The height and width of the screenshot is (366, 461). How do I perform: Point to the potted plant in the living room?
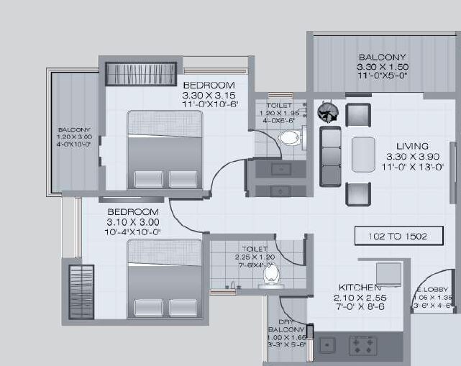coord(327,111)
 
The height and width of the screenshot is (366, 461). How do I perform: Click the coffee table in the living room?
coord(363,154)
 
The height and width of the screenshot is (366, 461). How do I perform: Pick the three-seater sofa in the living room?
coord(331,157)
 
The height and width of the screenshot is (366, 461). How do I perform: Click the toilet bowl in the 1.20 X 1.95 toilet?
coord(288,137)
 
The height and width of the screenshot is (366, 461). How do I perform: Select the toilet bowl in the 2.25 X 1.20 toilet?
coord(271,274)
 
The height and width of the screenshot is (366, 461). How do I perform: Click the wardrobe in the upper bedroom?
coord(141,74)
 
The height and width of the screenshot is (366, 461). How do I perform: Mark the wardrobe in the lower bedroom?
coord(81,291)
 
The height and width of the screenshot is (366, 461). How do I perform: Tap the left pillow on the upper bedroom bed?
coord(148,179)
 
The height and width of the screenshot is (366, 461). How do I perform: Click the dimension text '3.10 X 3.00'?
coord(132,222)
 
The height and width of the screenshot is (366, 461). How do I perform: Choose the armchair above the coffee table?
coord(357,114)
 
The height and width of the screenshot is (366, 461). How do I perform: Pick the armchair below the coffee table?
coord(357,193)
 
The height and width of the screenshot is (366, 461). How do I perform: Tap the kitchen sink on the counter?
coord(328,345)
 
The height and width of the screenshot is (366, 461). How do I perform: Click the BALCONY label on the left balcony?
coord(74,129)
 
